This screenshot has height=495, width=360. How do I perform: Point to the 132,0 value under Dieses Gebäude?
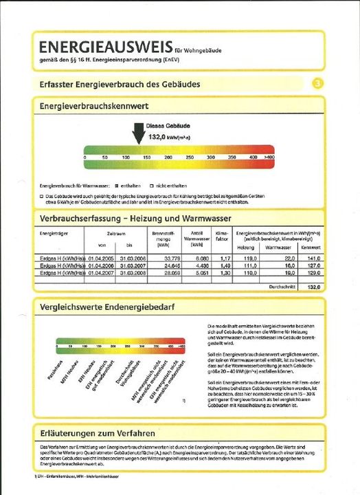159,137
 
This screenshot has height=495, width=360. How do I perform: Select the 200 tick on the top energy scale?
169,157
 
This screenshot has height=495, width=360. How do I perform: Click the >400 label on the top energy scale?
269,157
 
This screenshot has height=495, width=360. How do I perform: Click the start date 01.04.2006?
102,265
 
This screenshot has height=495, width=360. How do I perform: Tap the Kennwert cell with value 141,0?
313,258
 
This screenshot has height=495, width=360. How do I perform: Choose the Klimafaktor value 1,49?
223,265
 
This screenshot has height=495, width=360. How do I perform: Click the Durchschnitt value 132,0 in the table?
313,287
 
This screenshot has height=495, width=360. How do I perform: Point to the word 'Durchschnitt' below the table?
280,287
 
